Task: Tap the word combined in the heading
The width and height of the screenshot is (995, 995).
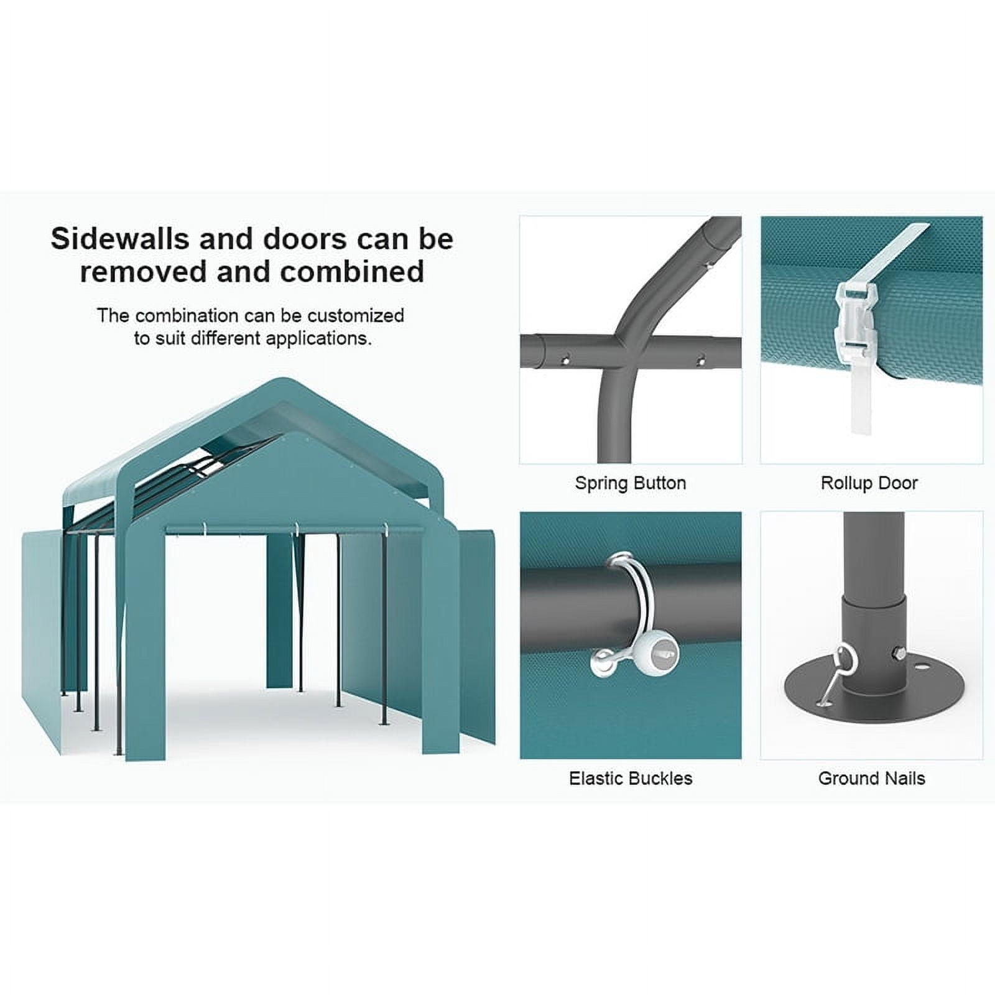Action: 352,272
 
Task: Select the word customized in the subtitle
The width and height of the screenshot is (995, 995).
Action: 356,315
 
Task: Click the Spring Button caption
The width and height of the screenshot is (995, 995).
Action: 631,483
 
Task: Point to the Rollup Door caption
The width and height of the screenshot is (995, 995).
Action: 869,483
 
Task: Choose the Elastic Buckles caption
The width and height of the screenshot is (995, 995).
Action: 631,779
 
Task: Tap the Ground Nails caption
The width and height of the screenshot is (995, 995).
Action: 872,779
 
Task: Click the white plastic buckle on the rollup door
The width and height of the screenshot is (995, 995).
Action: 857,318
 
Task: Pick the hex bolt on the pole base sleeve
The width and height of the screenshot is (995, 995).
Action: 899,654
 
